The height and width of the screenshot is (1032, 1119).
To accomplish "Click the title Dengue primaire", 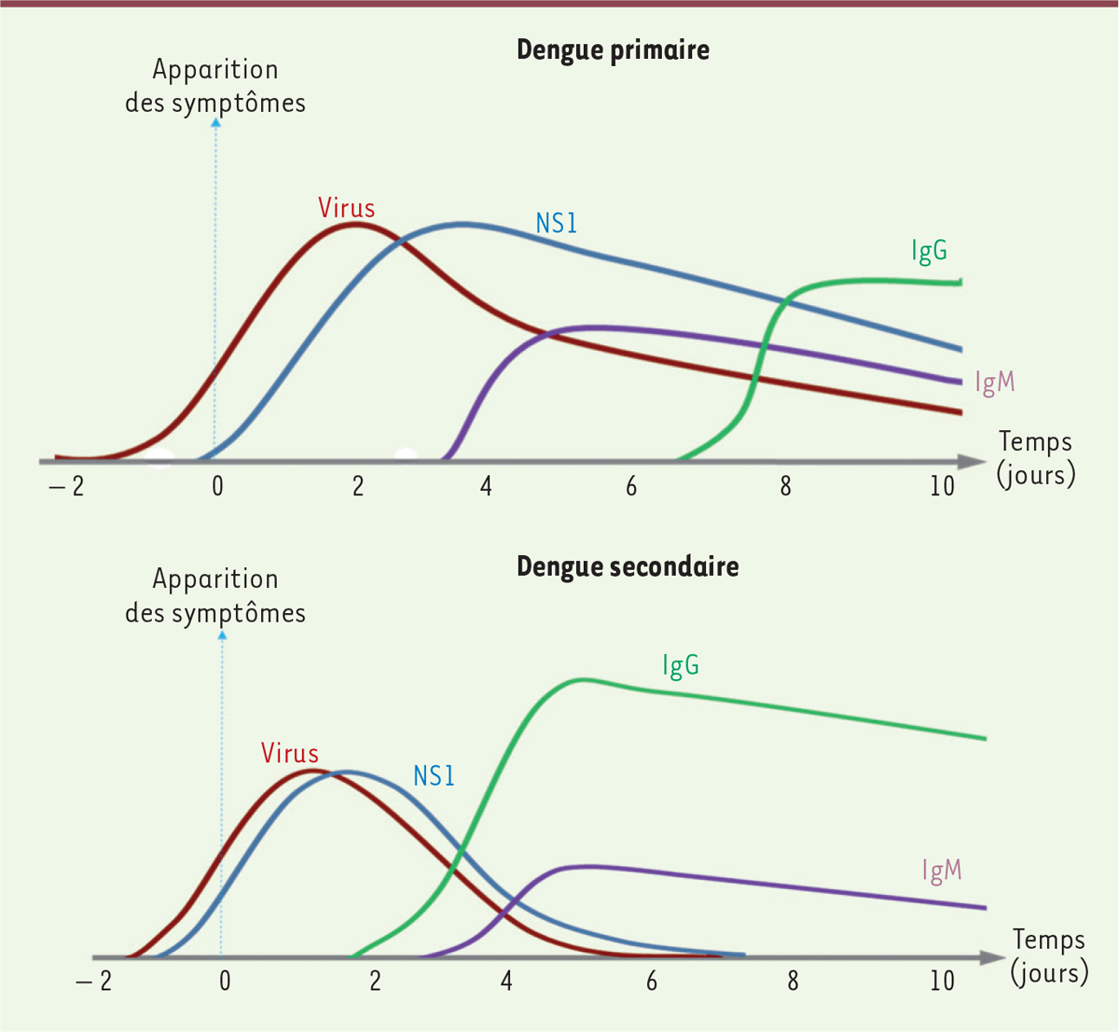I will [x=613, y=49].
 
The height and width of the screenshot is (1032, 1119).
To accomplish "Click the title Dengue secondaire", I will [x=628, y=566].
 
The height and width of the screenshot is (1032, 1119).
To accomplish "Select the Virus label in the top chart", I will [x=346, y=207].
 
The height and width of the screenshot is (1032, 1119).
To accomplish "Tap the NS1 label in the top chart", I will [x=557, y=223].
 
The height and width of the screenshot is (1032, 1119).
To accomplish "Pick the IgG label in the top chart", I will [x=929, y=251].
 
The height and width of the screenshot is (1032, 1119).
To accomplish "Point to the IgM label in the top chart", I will [x=994, y=383].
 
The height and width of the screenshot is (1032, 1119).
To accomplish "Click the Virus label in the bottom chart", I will [x=290, y=753].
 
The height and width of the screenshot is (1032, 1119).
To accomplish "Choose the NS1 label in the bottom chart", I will [x=434, y=775].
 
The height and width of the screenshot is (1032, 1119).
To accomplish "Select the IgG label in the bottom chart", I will [x=681, y=665].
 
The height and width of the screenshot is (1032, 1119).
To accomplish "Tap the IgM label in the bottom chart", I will [x=941, y=871].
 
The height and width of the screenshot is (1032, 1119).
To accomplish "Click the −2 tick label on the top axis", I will [x=67, y=486].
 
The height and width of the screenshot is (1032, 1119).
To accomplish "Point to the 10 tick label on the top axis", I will [x=942, y=486].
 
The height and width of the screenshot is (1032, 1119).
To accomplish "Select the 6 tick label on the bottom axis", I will [x=651, y=981].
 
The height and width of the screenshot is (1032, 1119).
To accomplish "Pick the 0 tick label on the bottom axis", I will [x=224, y=981].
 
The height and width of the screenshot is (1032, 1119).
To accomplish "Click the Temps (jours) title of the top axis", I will [x=1035, y=457].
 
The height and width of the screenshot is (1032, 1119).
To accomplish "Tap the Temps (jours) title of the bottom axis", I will [x=1049, y=955].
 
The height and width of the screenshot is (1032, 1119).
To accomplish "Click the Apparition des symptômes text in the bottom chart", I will [x=215, y=595].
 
